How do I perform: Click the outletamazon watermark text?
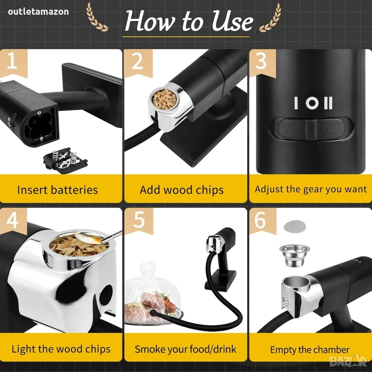click(38, 12)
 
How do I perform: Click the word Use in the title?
click(232, 21)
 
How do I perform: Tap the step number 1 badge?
click(14, 62)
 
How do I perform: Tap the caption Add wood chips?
click(181, 190)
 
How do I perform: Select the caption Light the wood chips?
click(61, 349)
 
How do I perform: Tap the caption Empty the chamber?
click(310, 350)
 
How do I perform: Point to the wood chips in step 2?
click(164, 99)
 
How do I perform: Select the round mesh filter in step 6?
click(294, 226)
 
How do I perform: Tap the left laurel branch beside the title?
click(96, 17)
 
